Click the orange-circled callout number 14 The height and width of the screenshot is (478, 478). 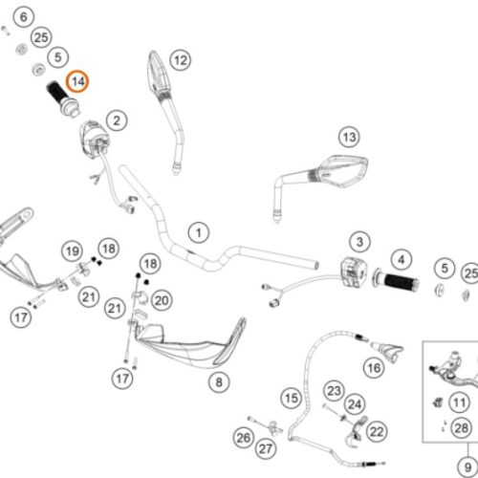77,81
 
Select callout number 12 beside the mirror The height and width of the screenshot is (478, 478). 181,60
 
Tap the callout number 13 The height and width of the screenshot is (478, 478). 349,137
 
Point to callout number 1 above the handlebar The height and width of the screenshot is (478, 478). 199,233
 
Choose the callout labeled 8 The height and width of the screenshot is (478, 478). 219,382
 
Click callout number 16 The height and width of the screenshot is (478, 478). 374,368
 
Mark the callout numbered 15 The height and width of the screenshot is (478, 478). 292,398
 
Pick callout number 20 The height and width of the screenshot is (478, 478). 162,300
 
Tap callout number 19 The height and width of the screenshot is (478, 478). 72,251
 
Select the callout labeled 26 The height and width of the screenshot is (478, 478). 244,438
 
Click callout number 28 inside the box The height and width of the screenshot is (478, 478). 462,428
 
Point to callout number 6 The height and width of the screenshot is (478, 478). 24,17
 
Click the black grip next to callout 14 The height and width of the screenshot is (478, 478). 63,98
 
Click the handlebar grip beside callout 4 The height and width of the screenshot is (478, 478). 396,281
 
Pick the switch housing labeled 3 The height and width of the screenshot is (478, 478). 354,272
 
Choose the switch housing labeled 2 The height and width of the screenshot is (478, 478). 95,137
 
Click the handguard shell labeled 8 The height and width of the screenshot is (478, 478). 189,344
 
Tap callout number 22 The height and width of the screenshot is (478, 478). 377,432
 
